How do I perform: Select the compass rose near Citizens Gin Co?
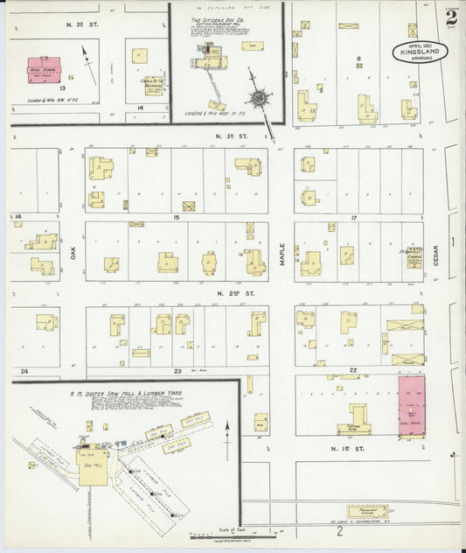click(x=260, y=96)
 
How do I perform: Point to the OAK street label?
click(x=74, y=254)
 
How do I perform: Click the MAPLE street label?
click(x=282, y=254)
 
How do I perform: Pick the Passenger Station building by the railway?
click(x=362, y=510)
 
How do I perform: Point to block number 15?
click(x=177, y=216)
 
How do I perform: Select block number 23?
click(x=177, y=371)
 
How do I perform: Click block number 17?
click(x=354, y=216)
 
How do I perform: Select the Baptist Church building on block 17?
click(x=414, y=256)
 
